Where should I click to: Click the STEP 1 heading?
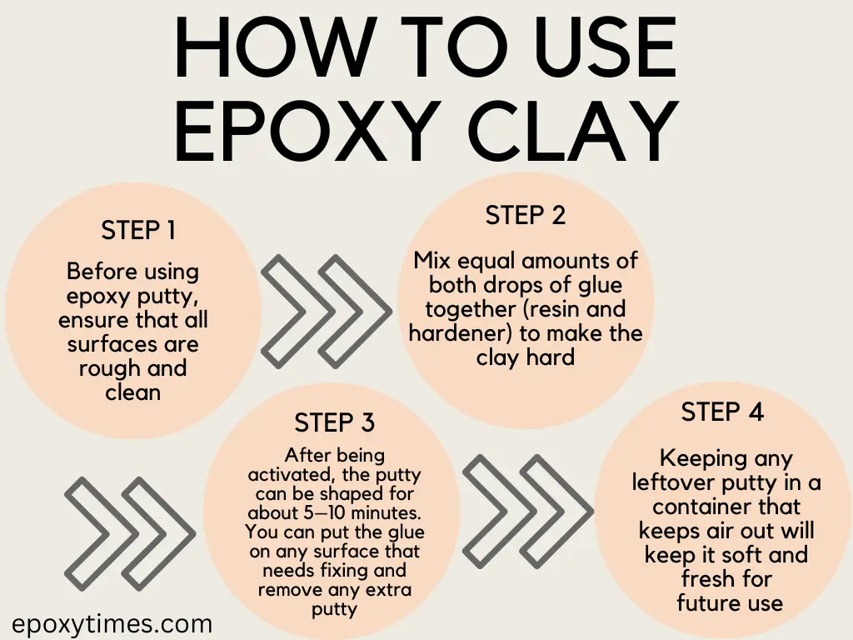(138, 230)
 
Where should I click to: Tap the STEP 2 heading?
(525, 215)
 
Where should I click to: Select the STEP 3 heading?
(334, 423)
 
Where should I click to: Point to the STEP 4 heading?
(722, 412)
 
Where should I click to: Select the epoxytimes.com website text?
(112, 623)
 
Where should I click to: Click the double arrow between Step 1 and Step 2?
(325, 301)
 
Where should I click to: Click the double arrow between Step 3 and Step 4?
(526, 500)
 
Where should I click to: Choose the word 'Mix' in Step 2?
(431, 261)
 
